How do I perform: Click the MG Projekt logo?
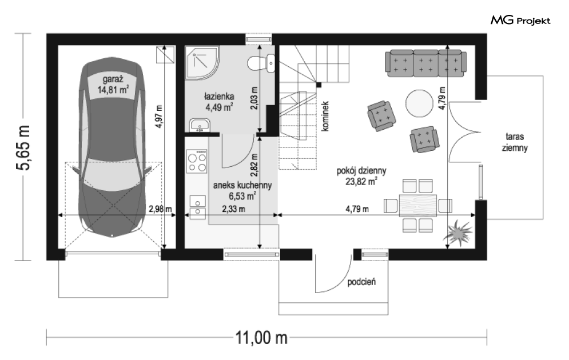click(x=521, y=21)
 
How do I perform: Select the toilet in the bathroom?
click(x=261, y=63)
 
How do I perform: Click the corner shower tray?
click(x=202, y=62)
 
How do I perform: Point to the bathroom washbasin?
click(x=199, y=125)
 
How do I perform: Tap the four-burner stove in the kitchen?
click(x=197, y=161)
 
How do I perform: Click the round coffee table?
click(x=420, y=103)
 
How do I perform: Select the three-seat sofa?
click(x=425, y=63)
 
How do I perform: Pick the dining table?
click(x=417, y=206)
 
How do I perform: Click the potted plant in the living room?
click(x=457, y=231)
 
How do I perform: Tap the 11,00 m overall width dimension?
click(x=262, y=338)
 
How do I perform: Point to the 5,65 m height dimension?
click(x=23, y=147)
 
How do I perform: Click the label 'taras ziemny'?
click(x=515, y=142)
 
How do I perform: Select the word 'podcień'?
click(x=361, y=282)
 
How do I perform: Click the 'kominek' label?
click(x=325, y=116)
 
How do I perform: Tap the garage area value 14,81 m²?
click(x=113, y=90)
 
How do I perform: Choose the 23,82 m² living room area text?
click(x=361, y=181)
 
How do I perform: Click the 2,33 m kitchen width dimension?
click(x=234, y=209)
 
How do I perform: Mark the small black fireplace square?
click(x=319, y=85)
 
